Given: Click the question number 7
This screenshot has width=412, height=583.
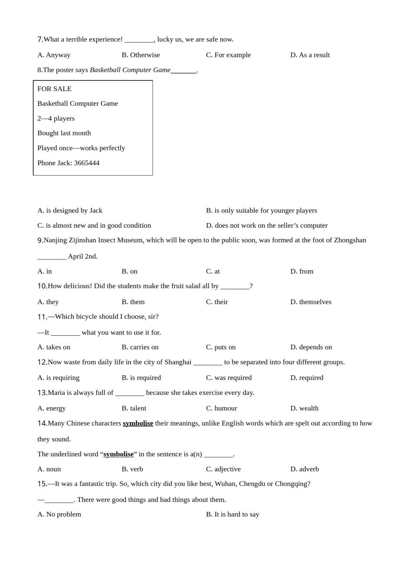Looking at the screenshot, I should [40, 39].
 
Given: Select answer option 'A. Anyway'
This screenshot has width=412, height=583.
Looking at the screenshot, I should [54, 55].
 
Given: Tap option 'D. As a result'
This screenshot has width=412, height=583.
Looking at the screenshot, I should [310, 55].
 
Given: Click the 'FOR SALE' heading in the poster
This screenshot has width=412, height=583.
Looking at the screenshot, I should [54, 89].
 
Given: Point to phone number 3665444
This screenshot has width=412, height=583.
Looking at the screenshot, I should [87, 163].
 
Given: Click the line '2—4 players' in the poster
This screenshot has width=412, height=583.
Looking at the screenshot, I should [56, 118].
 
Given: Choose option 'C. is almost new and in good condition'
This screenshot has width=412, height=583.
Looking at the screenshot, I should [94, 226].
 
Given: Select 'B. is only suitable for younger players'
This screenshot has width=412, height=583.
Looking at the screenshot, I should [261, 211].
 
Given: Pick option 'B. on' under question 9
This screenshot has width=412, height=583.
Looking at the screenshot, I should [129, 272].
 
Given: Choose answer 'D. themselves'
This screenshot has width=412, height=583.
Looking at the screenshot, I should [311, 302].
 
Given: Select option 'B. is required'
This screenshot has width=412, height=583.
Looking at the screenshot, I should [141, 378].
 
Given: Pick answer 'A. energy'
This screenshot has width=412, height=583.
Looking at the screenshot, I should [52, 408].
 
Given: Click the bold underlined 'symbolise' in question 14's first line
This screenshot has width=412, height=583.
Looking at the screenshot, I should [138, 423].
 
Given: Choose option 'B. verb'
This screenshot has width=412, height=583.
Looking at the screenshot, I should [132, 469].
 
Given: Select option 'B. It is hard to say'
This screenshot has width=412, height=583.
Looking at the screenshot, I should [232, 514].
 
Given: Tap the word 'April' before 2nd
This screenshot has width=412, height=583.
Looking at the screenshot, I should [75, 256].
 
